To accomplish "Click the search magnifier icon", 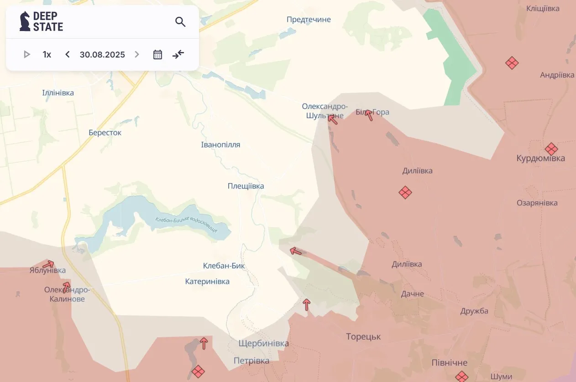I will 180,21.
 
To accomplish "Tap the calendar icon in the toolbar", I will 157,55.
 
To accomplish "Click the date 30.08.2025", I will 102,55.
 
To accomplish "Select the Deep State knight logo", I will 25,21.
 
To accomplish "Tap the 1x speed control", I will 47,55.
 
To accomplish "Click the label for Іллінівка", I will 58,93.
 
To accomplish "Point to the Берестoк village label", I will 105,133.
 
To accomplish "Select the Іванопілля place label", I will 220,145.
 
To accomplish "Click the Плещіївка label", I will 246,186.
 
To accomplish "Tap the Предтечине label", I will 309,20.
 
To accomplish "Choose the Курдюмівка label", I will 540,158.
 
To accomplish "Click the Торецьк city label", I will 363,337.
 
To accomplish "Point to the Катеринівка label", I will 207,282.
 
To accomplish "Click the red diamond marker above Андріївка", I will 512,63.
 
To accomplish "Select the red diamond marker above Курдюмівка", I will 551,149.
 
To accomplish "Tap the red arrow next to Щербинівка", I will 204,343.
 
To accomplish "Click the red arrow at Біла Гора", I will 369,115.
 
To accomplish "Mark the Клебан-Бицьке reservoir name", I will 186,225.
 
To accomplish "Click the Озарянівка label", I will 537,203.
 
